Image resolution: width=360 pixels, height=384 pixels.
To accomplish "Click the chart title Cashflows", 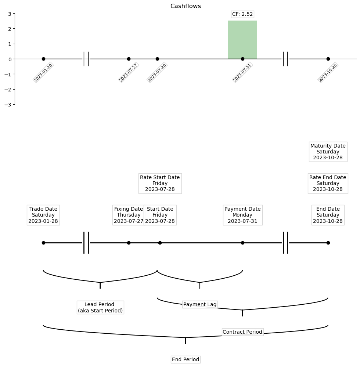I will (186, 6).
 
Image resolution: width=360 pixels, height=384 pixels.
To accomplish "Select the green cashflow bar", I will (242, 40).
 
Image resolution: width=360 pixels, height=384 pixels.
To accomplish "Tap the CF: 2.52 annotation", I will (242, 14).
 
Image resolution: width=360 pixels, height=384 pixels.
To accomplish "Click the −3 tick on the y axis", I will (9, 105).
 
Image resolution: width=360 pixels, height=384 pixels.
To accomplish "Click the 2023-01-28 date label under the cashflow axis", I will (43, 73).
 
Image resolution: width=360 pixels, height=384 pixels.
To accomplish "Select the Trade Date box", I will (43, 215).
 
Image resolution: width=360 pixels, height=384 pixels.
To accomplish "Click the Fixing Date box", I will (129, 215).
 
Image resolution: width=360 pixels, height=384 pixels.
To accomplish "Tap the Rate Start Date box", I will (160, 183).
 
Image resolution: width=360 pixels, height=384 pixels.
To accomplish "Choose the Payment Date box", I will (242, 215).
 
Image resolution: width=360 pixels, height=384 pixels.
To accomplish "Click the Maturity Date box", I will (328, 152).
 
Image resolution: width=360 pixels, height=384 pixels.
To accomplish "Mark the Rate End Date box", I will (328, 183).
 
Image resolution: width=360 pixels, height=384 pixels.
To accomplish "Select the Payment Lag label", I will (200, 304).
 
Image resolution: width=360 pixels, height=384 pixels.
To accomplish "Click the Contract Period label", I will (242, 332).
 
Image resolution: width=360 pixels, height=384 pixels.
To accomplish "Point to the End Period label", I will (186, 359).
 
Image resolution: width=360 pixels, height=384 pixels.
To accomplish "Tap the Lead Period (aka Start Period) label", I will (100, 307).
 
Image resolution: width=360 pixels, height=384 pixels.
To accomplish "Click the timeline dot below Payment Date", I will (242, 243).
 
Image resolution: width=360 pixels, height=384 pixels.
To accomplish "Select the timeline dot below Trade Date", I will (43, 243).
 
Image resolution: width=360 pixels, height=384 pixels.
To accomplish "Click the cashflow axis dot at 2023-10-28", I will (328, 59).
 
